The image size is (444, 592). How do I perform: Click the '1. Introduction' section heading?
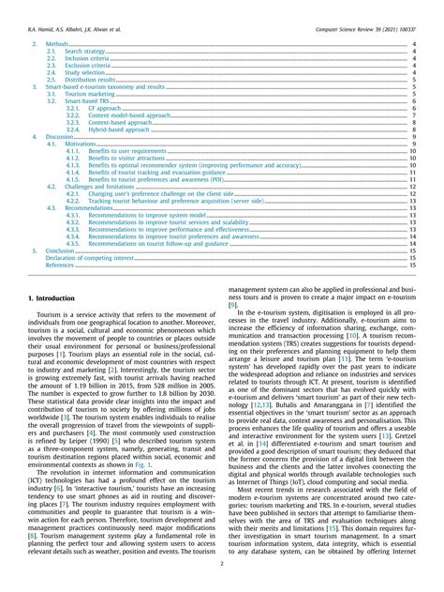48,297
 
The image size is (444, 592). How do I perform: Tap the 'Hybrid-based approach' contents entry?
119,129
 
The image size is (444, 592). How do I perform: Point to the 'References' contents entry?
59,266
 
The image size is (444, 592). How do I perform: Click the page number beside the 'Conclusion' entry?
413,251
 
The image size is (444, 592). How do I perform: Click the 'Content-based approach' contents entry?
121,123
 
